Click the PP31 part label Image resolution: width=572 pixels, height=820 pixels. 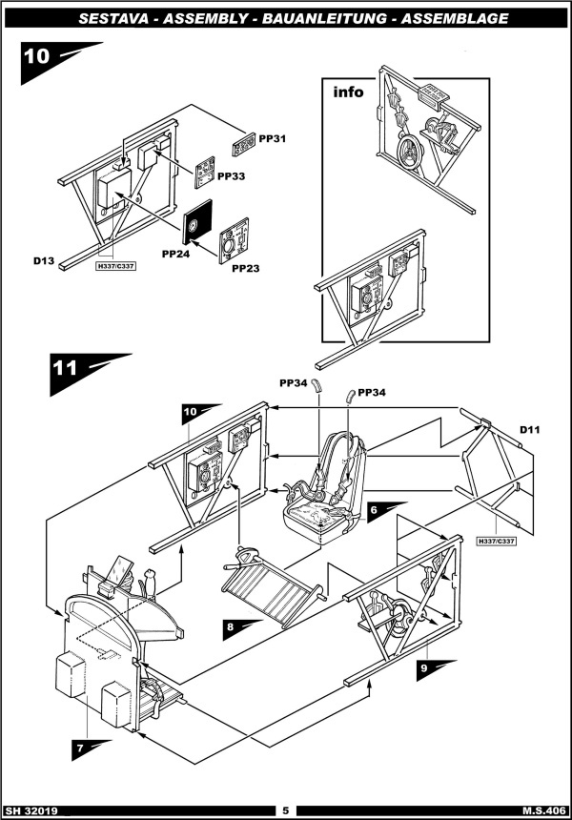point(273,139)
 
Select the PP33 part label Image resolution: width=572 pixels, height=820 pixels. point(231,176)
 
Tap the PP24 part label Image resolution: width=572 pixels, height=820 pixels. point(175,255)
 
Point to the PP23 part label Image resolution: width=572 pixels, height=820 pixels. point(246,268)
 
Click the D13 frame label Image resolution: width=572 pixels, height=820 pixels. point(44,260)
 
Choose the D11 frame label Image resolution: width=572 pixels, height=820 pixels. point(530,430)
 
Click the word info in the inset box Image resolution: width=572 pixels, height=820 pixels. point(348,92)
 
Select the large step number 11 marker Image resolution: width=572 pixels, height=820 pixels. point(89,373)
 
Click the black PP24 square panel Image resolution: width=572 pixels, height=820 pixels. point(197,222)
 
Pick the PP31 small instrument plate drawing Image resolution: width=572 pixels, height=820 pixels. point(244,145)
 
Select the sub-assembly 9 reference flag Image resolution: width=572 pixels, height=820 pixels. point(436,670)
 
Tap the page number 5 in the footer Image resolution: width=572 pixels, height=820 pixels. point(285,810)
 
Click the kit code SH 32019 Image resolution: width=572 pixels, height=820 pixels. point(31,811)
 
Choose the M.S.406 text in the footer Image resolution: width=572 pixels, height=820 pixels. point(543,811)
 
